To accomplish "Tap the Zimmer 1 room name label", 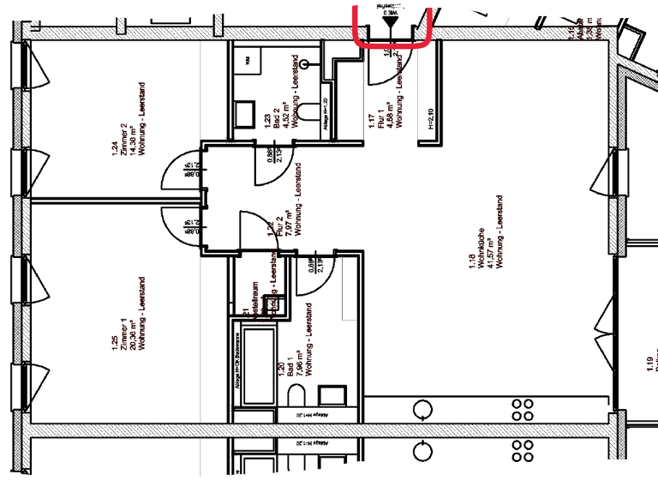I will (124, 330).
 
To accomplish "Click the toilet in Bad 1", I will (296, 396).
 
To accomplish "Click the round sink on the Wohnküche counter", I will (422, 407).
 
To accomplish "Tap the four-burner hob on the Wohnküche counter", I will (523, 407).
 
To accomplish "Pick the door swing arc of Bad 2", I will (271, 171).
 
